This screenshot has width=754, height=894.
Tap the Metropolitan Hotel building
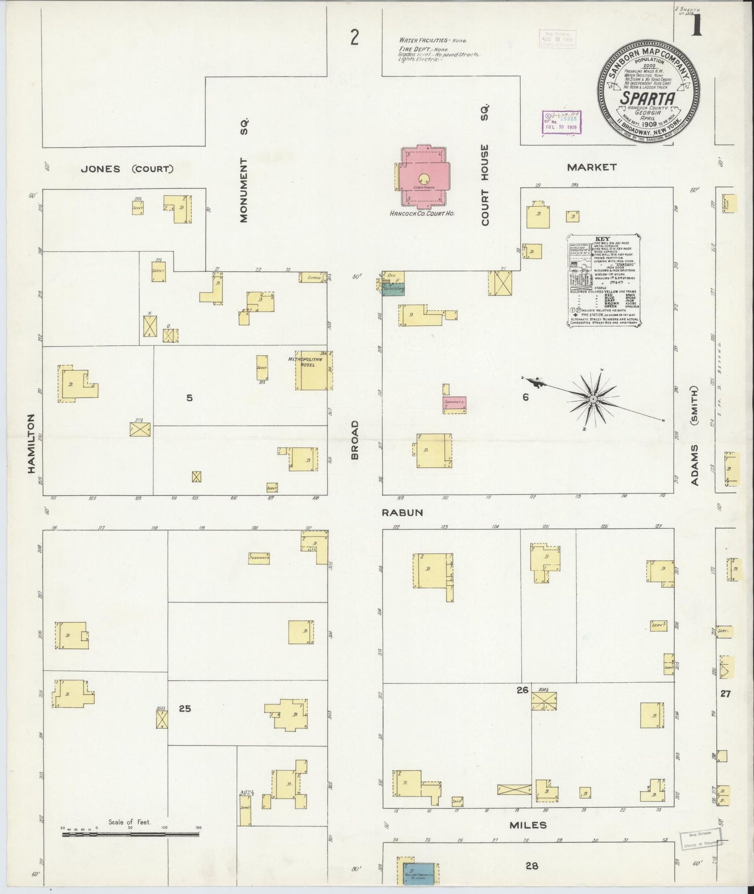point(313,371)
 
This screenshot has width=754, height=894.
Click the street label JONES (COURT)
point(127,169)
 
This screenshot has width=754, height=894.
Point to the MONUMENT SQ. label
point(244,170)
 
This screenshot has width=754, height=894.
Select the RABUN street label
point(402,513)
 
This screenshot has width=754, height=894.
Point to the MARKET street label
point(592,167)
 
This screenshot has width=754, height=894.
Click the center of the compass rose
point(593,399)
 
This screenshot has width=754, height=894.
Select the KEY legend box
point(604,281)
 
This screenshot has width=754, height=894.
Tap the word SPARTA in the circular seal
point(648,99)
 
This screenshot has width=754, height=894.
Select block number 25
point(185,708)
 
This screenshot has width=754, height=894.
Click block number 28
point(531,866)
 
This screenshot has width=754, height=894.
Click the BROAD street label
point(355,439)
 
